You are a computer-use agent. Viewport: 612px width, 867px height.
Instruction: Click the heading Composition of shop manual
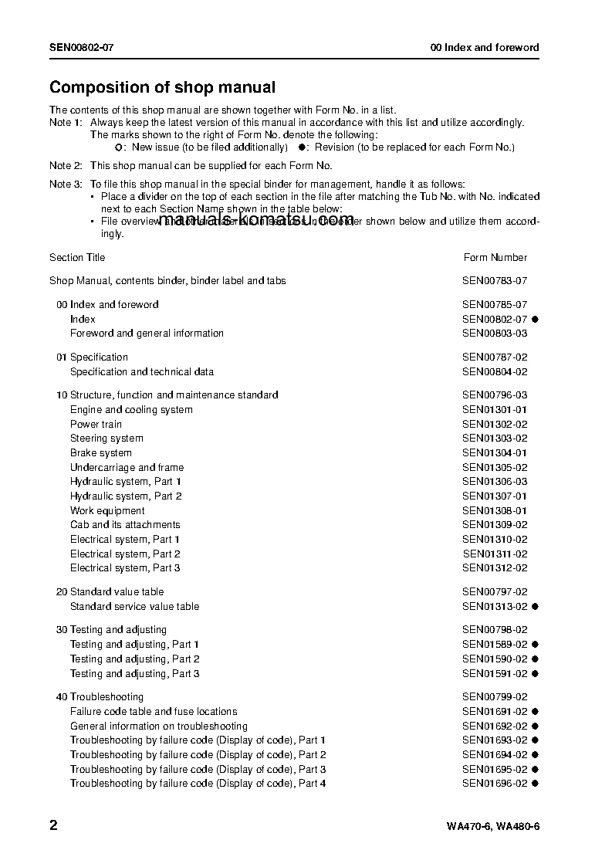tap(162, 88)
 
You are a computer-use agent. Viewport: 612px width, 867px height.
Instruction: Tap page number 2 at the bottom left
tap(53, 825)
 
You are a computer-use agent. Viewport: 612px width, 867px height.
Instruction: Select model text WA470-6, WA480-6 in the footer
tap(492, 827)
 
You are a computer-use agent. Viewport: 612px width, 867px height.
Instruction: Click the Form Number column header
tap(495, 258)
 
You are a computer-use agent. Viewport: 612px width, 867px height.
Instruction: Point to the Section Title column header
tap(77, 258)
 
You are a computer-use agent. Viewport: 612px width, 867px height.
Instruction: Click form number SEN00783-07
tap(495, 281)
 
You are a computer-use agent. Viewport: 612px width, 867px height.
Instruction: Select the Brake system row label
tap(100, 453)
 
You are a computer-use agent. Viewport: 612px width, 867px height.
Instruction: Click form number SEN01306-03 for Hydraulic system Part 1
tap(495, 482)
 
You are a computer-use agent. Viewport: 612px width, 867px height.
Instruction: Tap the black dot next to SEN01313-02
tap(535, 607)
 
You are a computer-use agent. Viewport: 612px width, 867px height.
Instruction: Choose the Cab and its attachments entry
tap(125, 525)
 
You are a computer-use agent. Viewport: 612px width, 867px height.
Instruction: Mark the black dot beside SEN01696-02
tap(535, 784)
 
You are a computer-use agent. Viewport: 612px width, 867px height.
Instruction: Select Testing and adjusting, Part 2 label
tap(134, 659)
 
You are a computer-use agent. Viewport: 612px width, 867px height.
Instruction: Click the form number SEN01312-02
tap(495, 568)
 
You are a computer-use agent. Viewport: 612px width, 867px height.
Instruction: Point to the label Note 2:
tap(66, 166)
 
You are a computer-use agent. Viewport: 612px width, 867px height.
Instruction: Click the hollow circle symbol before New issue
tap(118, 147)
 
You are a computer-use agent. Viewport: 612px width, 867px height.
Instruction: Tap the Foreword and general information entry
tap(147, 334)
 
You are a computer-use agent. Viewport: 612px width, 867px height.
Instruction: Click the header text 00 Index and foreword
tap(485, 48)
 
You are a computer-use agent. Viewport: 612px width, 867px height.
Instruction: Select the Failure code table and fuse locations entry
tap(154, 712)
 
